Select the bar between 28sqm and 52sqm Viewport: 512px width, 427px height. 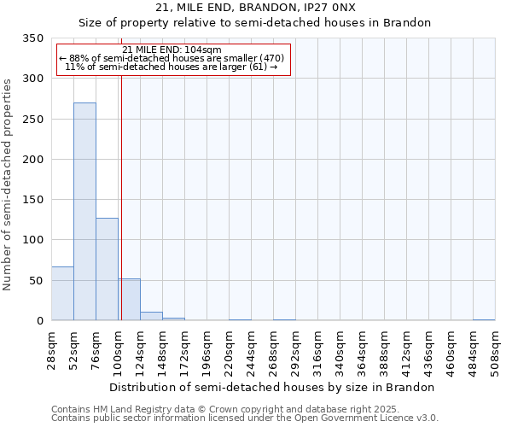[x=62, y=294]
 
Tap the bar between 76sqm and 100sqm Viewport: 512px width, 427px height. [x=107, y=269]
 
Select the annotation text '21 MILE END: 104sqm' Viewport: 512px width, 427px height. [x=172, y=50]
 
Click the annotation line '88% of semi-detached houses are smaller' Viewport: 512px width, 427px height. [x=172, y=58]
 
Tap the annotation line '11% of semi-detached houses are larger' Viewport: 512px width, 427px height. [x=172, y=67]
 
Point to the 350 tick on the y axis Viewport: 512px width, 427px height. [x=33, y=38]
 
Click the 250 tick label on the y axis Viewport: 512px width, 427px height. [x=33, y=120]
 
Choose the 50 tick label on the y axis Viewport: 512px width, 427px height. [x=37, y=281]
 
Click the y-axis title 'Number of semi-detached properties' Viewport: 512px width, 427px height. [x=8, y=184]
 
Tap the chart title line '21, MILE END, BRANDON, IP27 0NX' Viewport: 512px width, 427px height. [x=255, y=8]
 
